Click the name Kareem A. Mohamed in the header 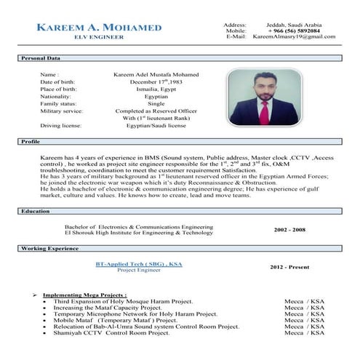click(99, 28)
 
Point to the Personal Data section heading click(39, 57)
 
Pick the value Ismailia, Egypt click(156, 89)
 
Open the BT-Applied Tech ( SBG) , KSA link click(137, 263)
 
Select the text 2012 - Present click(289, 267)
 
